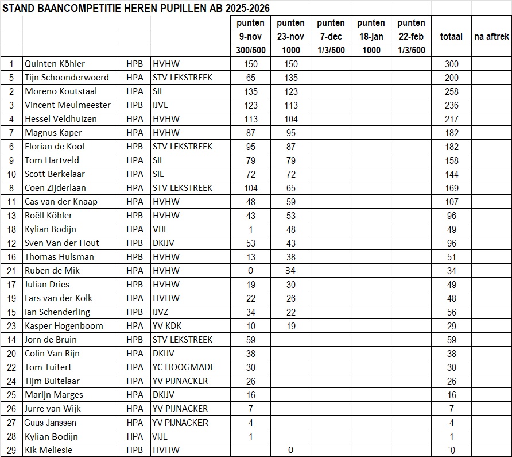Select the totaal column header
(451, 37)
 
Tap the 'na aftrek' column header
(491, 37)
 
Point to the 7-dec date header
(331, 37)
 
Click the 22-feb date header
(411, 37)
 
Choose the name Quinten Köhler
(55, 64)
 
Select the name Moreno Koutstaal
(61, 91)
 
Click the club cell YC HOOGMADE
(183, 367)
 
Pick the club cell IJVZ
(163, 312)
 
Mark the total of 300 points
(451, 64)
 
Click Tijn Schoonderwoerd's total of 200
(451, 78)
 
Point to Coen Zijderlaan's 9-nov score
(251, 188)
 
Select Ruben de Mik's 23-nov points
(291, 271)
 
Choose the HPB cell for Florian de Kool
(135, 147)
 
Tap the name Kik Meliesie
(48, 450)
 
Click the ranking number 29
(11, 450)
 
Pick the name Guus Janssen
(51, 423)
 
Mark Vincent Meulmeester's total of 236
(451, 105)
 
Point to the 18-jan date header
(371, 37)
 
